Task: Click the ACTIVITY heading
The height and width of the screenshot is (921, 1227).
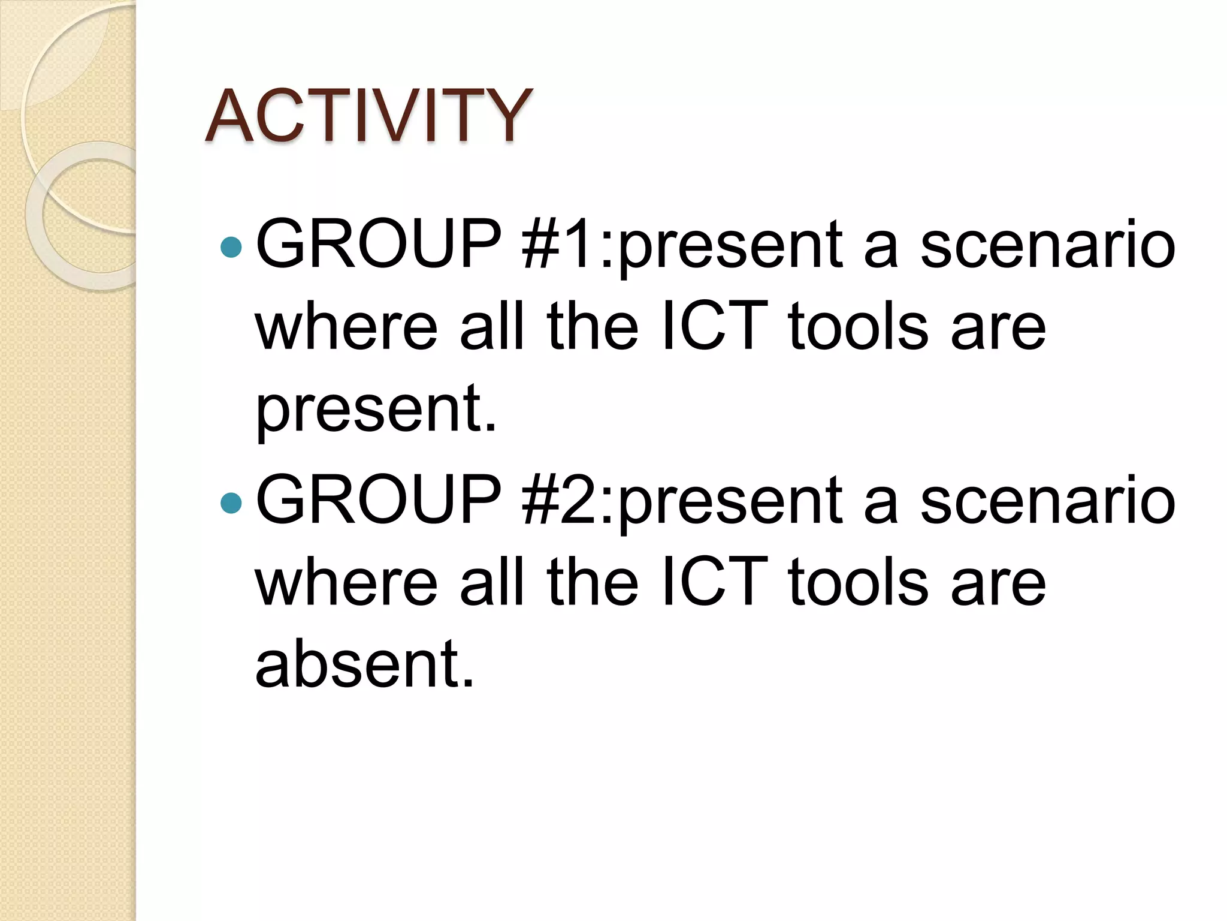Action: point(368,115)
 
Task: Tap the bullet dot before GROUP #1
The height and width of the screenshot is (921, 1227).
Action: point(231,246)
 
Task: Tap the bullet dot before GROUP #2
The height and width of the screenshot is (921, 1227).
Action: point(231,502)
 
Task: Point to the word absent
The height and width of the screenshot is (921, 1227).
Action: point(364,663)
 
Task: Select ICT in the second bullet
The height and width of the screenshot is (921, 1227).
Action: point(715,582)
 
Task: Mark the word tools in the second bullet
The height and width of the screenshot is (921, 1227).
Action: point(859,582)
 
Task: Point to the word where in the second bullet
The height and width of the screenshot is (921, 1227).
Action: point(347,582)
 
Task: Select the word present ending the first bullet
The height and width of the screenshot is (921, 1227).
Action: point(376,410)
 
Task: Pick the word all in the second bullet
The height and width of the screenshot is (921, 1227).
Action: point(492,582)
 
